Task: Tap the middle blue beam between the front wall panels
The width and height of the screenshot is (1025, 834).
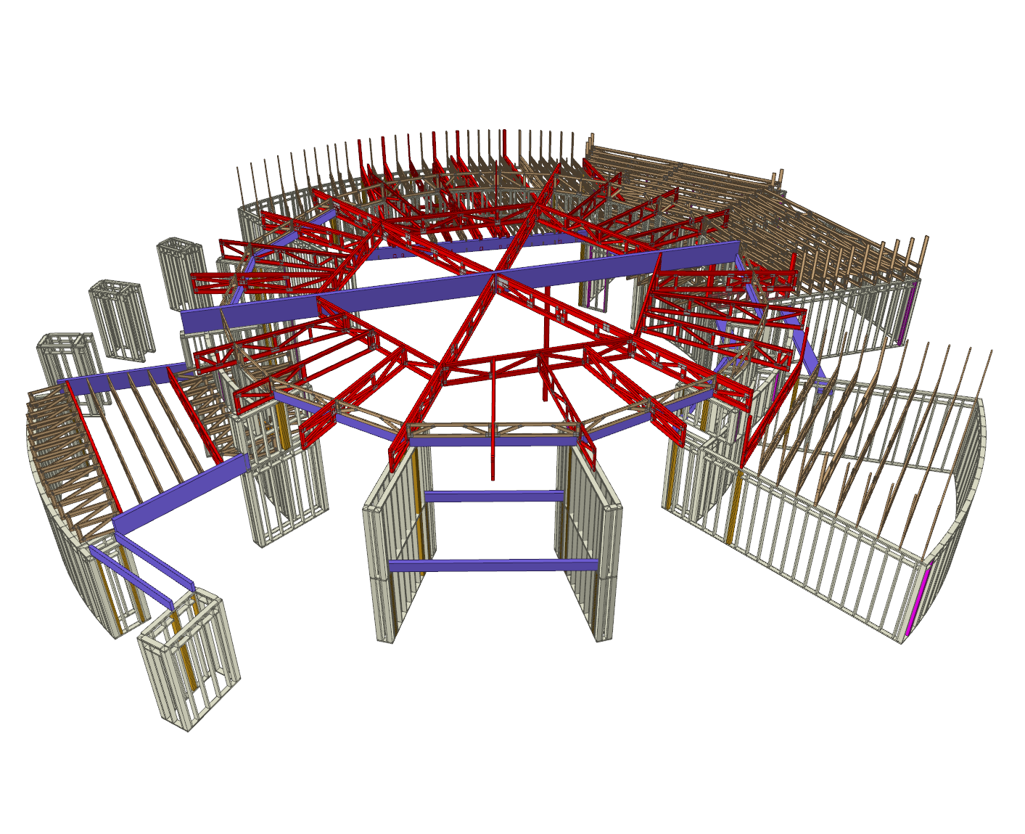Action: click(494, 496)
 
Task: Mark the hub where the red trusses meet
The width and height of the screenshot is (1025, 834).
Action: click(496, 274)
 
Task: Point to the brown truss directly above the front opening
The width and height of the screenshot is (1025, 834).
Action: click(493, 430)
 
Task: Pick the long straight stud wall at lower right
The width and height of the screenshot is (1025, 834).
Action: click(812, 537)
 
